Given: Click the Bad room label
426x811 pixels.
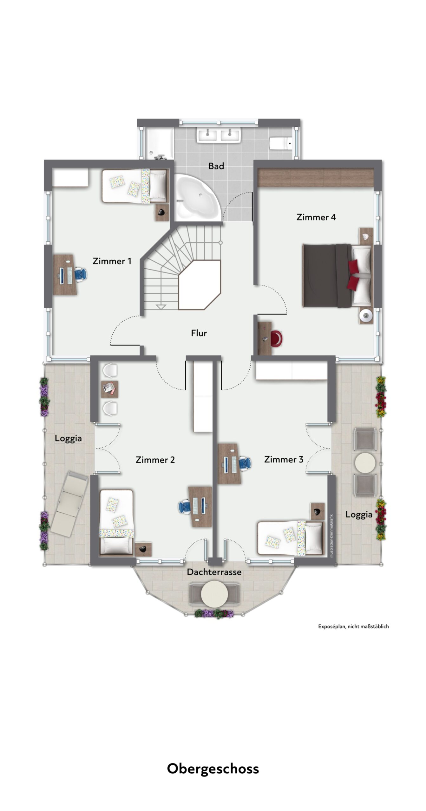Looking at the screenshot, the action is coord(216,166).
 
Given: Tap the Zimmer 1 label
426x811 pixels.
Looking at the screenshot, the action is coord(112,261).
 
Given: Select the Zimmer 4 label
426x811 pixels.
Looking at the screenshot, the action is coord(316,217).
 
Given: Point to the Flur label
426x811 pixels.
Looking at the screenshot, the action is coord(199,333).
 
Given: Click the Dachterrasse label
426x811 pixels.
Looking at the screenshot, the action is coord(214,572).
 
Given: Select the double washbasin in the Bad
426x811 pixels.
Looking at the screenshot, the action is coord(219,135).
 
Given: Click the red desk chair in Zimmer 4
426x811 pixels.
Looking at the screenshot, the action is coord(276,338).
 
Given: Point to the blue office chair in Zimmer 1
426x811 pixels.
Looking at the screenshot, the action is coord(81,274).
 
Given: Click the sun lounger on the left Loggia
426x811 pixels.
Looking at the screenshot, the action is coord(69,504).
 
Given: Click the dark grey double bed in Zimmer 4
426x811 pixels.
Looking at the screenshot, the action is coord(338,275).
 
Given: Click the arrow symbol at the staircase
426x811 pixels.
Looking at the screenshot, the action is coord(161,306).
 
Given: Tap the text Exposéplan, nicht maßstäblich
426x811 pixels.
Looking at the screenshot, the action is coord(353,626).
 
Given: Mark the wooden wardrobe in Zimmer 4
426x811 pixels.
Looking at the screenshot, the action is coord(315,177).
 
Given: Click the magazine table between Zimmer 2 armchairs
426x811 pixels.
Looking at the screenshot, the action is coord(109,389).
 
